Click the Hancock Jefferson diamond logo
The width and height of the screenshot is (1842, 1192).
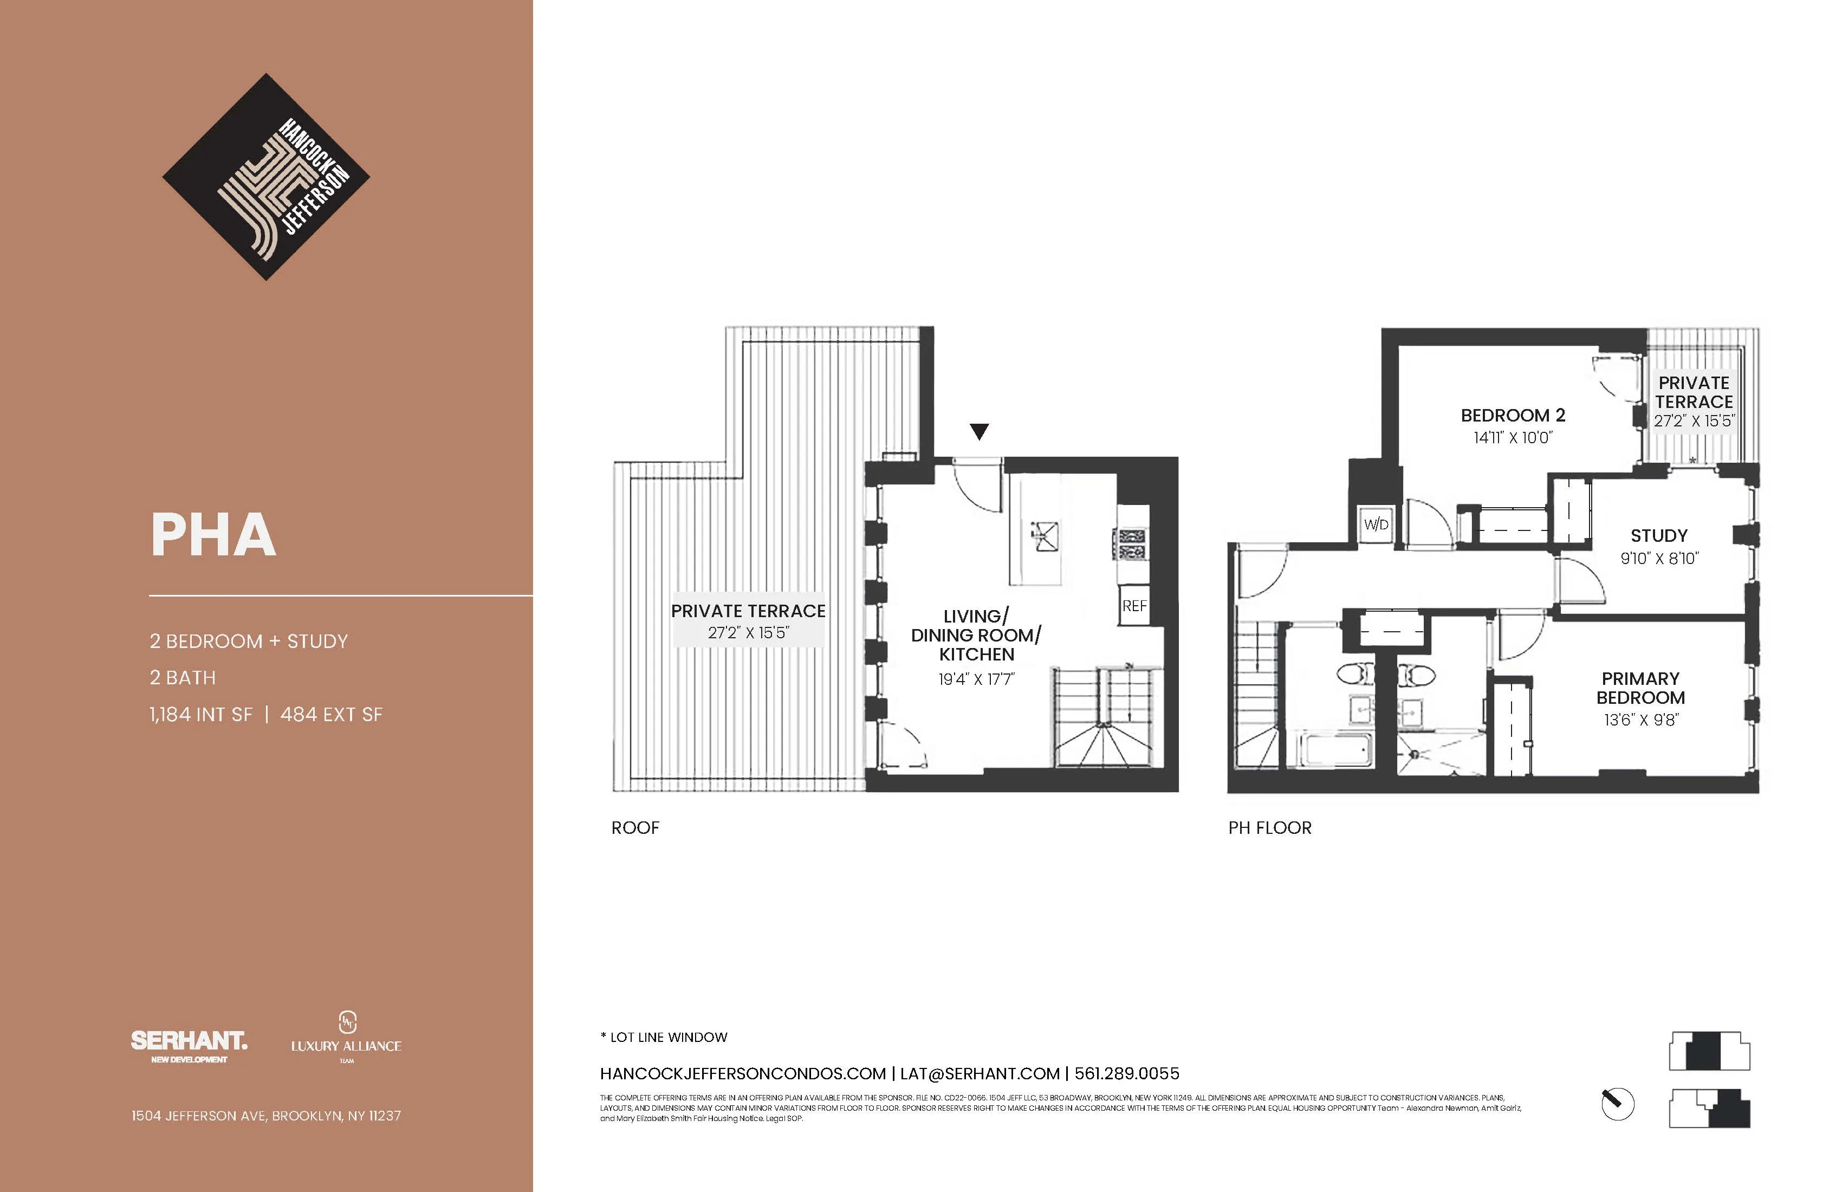pyautogui.click(x=265, y=177)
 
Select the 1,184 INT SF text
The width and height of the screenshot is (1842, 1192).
pyautogui.click(x=200, y=715)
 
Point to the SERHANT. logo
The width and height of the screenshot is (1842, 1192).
pyautogui.click(x=189, y=1042)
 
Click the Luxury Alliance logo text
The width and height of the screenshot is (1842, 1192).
pyautogui.click(x=346, y=1046)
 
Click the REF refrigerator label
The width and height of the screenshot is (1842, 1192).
pyautogui.click(x=1134, y=606)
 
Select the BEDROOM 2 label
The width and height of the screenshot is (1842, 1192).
pyautogui.click(x=1512, y=416)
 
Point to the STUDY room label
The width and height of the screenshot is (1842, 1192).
pyautogui.click(x=1658, y=536)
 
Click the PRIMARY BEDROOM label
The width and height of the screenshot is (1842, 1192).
pyautogui.click(x=1640, y=688)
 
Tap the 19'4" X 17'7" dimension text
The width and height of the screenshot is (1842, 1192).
pyautogui.click(x=976, y=679)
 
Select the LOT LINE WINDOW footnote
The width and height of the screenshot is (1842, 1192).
pyautogui.click(x=664, y=1037)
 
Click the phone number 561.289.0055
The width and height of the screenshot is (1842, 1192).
pyautogui.click(x=1126, y=1073)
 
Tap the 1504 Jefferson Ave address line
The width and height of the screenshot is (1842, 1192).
pyautogui.click(x=265, y=1116)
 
